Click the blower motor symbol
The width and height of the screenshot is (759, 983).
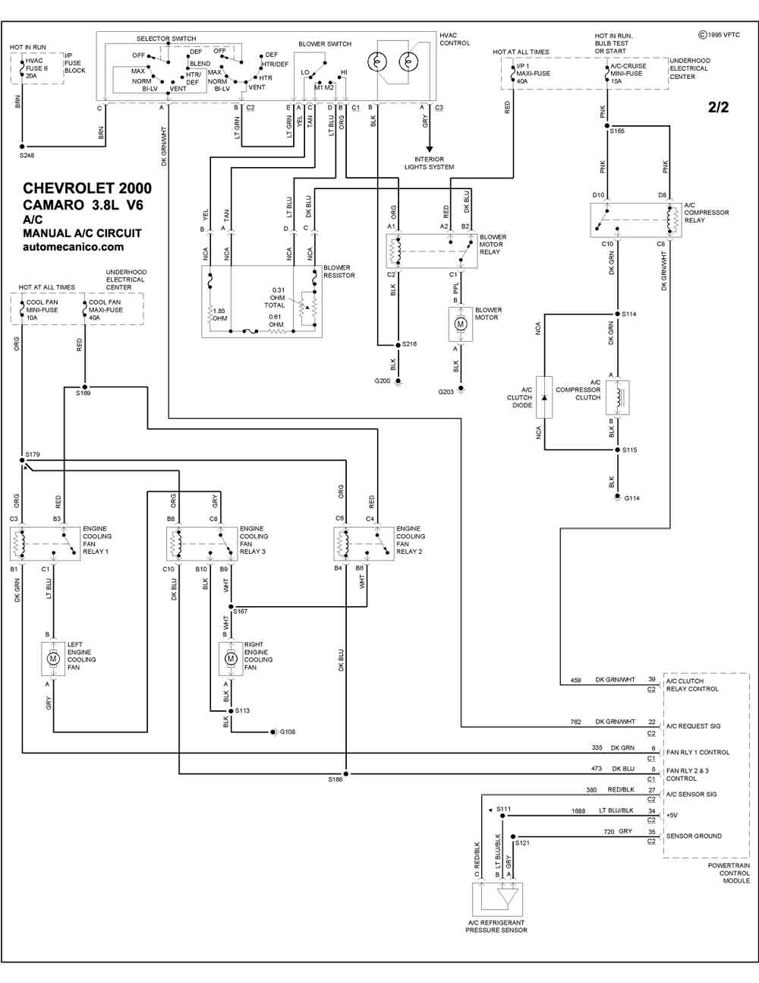[x=461, y=324]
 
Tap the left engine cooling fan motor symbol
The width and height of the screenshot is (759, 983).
[x=53, y=659]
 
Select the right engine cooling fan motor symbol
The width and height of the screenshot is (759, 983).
[x=231, y=659]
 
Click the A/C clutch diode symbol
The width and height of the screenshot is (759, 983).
[x=544, y=397]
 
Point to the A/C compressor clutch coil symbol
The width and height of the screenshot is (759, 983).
[x=618, y=397]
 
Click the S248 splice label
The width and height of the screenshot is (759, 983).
[x=27, y=155]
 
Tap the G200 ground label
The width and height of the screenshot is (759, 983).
[x=383, y=381]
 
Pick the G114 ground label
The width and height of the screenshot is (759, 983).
[x=632, y=498]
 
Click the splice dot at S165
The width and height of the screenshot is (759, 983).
[x=607, y=126]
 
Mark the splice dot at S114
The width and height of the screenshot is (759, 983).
[x=618, y=314]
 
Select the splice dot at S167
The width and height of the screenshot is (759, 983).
[x=231, y=607]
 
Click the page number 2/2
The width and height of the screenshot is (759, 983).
[x=718, y=107]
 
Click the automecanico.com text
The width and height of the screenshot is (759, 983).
[x=73, y=247]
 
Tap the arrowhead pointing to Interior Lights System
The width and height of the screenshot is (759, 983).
[x=429, y=149]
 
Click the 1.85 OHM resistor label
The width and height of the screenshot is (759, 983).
[x=220, y=314]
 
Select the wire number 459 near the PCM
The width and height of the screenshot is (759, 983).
[x=575, y=680]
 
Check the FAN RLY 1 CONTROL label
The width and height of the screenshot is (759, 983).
[x=698, y=752]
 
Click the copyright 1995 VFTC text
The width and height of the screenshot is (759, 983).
[x=720, y=35]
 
